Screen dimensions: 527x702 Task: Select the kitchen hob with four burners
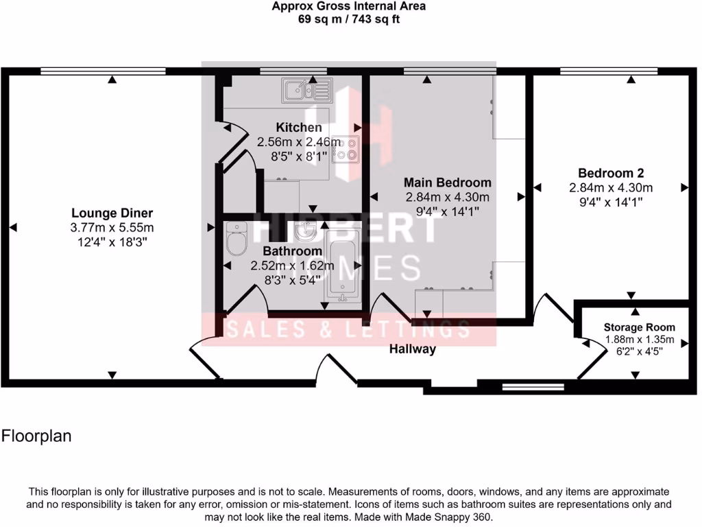pos(346,149)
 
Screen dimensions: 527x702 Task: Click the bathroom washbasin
pos(305,234)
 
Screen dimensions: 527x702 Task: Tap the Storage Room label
pos(639,327)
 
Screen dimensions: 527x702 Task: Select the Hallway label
pos(413,349)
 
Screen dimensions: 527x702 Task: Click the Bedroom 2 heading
pos(610,173)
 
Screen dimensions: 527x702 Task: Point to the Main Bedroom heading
pos(447,183)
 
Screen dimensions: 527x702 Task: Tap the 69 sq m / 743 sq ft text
pos(348,19)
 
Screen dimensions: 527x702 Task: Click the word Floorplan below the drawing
pos(36,436)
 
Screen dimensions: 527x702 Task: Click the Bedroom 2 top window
pos(609,71)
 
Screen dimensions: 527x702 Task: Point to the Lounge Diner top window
pos(103,71)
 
